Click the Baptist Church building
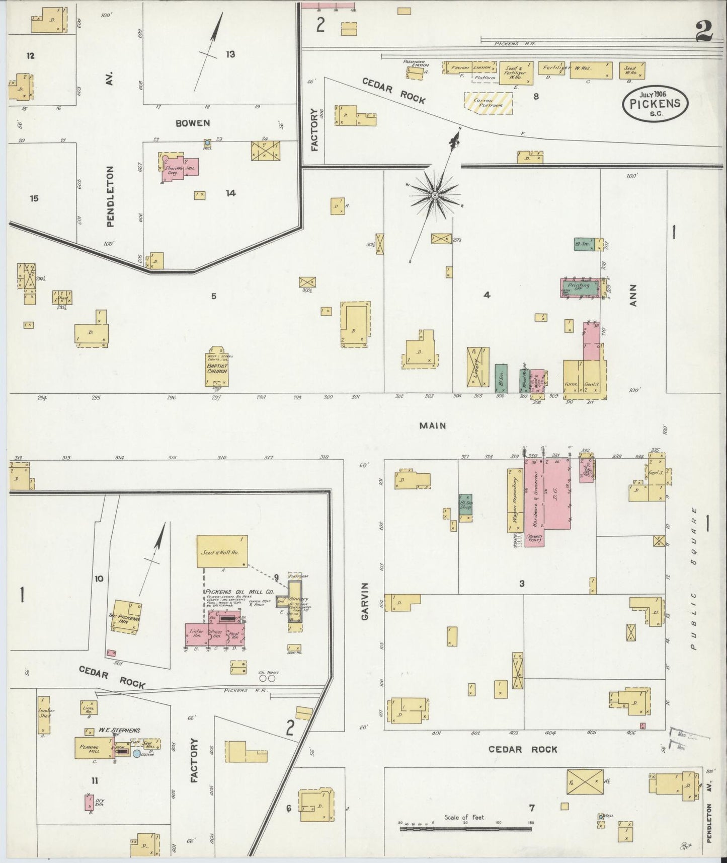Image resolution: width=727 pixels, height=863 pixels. point(217,366)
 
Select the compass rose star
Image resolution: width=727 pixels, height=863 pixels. point(435,195)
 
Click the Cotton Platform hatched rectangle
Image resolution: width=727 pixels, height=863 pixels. point(488,103)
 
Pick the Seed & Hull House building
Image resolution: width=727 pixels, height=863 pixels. point(221,551)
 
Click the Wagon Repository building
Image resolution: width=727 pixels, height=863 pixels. point(516,499)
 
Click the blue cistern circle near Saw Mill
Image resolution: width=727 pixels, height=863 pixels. point(137,754)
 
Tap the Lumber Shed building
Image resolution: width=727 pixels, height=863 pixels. point(44,714)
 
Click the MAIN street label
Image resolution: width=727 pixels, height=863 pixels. point(433,426)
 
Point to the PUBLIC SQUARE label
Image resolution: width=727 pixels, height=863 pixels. point(694,579)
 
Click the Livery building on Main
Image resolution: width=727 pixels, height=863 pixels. point(477,367)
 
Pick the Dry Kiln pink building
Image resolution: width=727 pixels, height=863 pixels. point(89,802)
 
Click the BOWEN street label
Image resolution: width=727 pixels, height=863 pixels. point(193,123)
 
